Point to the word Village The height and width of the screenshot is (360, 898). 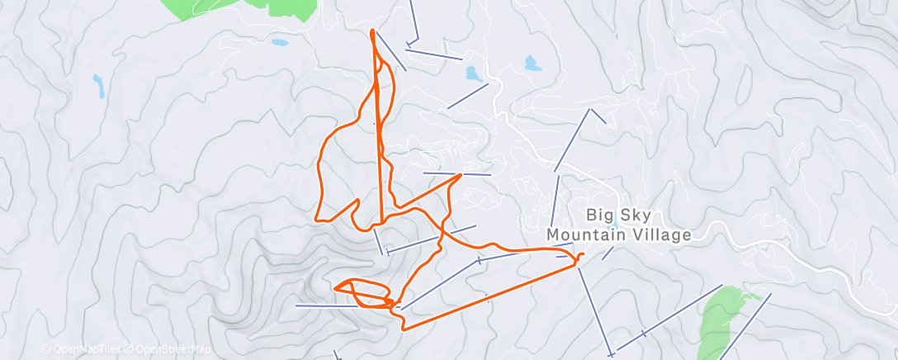tap(659, 235)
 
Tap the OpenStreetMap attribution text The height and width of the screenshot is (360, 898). tap(169, 349)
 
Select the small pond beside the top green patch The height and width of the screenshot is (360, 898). tap(280, 42)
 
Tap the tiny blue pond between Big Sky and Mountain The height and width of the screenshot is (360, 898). tap(612, 225)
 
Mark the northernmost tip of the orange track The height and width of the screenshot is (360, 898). tap(373, 31)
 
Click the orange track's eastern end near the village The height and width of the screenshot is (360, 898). tap(581, 255)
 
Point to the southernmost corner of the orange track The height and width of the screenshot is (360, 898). tap(403, 329)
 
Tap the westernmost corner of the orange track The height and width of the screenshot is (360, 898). tap(318, 219)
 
